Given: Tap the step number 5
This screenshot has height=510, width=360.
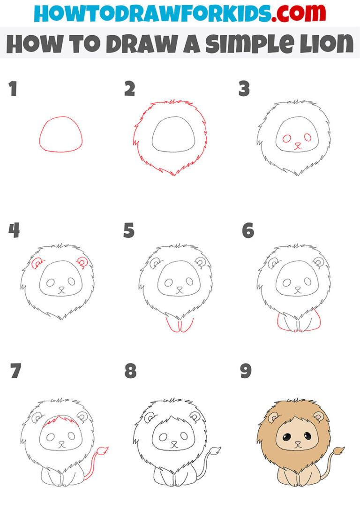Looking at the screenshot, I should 129,230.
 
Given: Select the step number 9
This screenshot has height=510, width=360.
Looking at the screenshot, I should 246,371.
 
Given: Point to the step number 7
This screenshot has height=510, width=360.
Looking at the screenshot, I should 15,371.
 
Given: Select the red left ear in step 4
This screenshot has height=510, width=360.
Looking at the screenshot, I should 37,264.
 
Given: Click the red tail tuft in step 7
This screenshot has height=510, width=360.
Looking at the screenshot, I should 104,451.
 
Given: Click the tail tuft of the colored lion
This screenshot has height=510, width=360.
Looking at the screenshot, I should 339,451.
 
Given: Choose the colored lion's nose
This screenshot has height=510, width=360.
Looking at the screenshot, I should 297,443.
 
